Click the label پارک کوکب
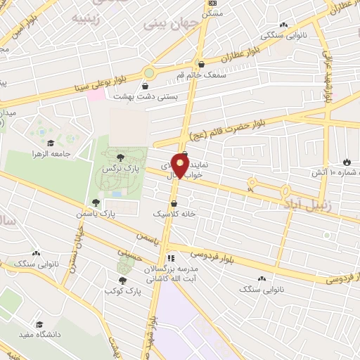120,290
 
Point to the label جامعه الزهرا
48,153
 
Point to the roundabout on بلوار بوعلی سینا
149,72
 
